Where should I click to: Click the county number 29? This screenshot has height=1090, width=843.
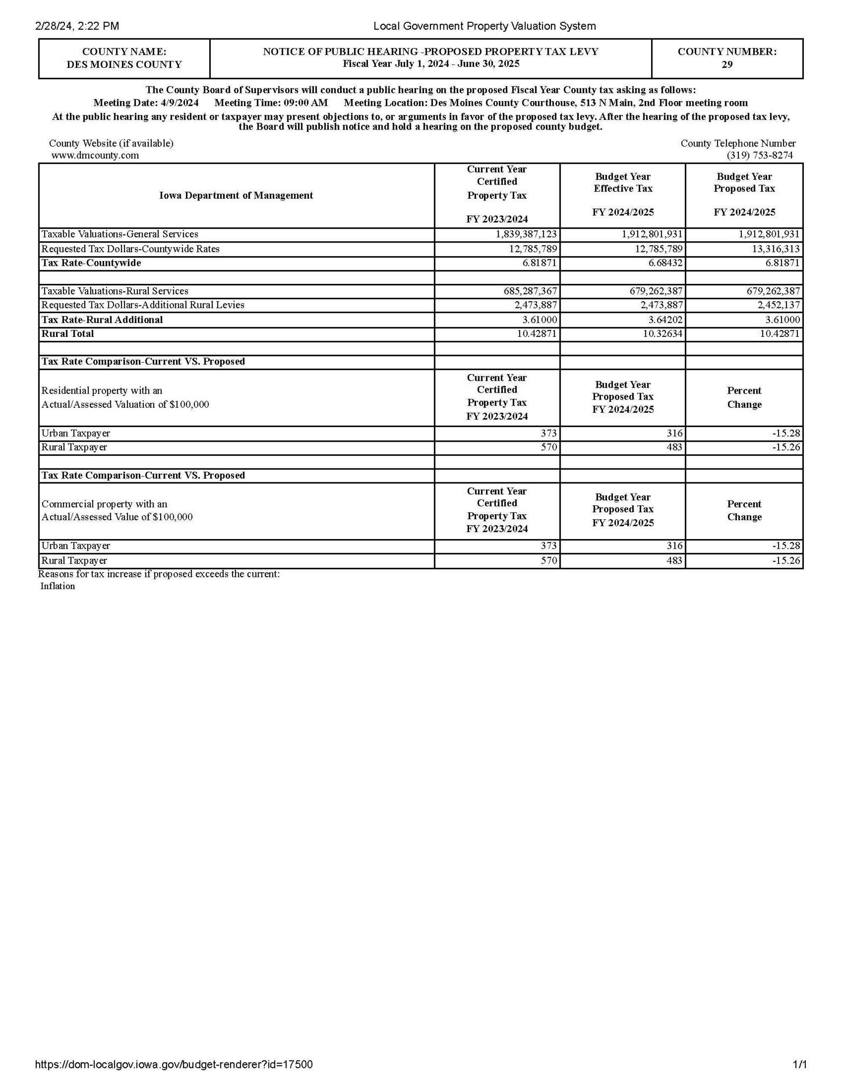[x=727, y=64]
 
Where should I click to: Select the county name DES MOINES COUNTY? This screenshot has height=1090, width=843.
[x=124, y=64]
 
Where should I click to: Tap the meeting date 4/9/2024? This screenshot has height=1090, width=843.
[x=179, y=103]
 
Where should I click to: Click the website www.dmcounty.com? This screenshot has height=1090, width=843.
[x=95, y=155]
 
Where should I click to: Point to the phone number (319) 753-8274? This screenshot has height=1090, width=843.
[x=760, y=155]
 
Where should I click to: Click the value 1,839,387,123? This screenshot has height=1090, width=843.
[x=526, y=234]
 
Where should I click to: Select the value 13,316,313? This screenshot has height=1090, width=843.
[x=776, y=248]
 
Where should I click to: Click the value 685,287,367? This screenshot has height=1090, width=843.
[x=530, y=291]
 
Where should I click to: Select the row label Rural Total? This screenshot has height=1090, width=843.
[x=67, y=334]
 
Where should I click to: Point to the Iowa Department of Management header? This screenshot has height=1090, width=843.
[x=236, y=195]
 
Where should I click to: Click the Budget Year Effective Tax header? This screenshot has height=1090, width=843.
[x=623, y=183]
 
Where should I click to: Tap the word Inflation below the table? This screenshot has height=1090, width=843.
[x=57, y=586]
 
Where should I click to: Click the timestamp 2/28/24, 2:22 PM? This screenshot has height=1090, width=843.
[x=78, y=26]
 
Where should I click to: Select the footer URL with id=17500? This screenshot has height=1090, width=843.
[x=174, y=1065]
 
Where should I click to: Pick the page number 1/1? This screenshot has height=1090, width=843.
[x=800, y=1065]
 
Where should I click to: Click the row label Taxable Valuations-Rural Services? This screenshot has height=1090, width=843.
[x=115, y=291]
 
